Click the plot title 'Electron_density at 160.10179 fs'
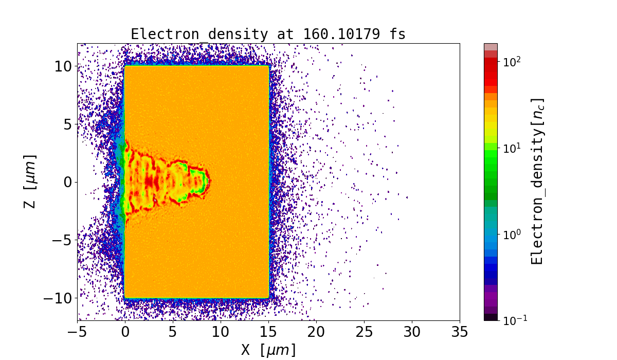268,34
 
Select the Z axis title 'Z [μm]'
30,181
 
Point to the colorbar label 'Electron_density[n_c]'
537,181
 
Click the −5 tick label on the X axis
78,332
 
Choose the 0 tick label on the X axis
125,332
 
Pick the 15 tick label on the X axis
268,332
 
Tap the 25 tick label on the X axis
364,332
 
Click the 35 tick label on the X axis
460,332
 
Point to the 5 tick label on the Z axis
67,124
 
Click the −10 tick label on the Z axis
58,298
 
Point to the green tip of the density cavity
204,179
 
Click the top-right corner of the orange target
268,66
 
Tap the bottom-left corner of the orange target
125,297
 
